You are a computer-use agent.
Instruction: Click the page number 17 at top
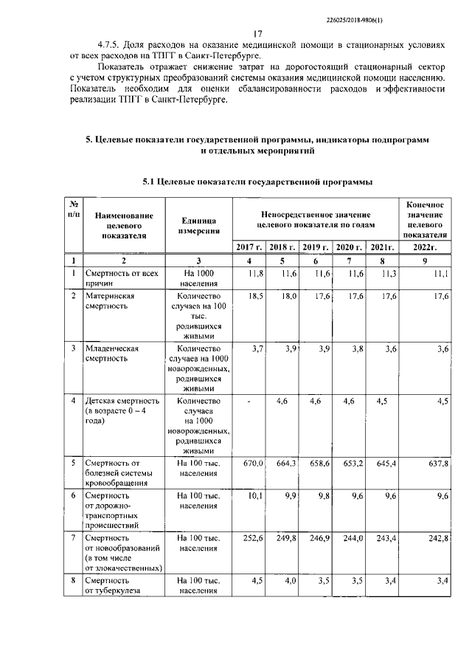[257, 34]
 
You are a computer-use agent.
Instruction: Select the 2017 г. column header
[249, 247]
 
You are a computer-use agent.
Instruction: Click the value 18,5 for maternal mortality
[254, 295]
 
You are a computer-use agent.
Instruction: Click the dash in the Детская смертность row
[251, 401]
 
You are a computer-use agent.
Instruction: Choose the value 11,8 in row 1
[254, 274]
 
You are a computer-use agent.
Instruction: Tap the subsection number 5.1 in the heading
[150, 181]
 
